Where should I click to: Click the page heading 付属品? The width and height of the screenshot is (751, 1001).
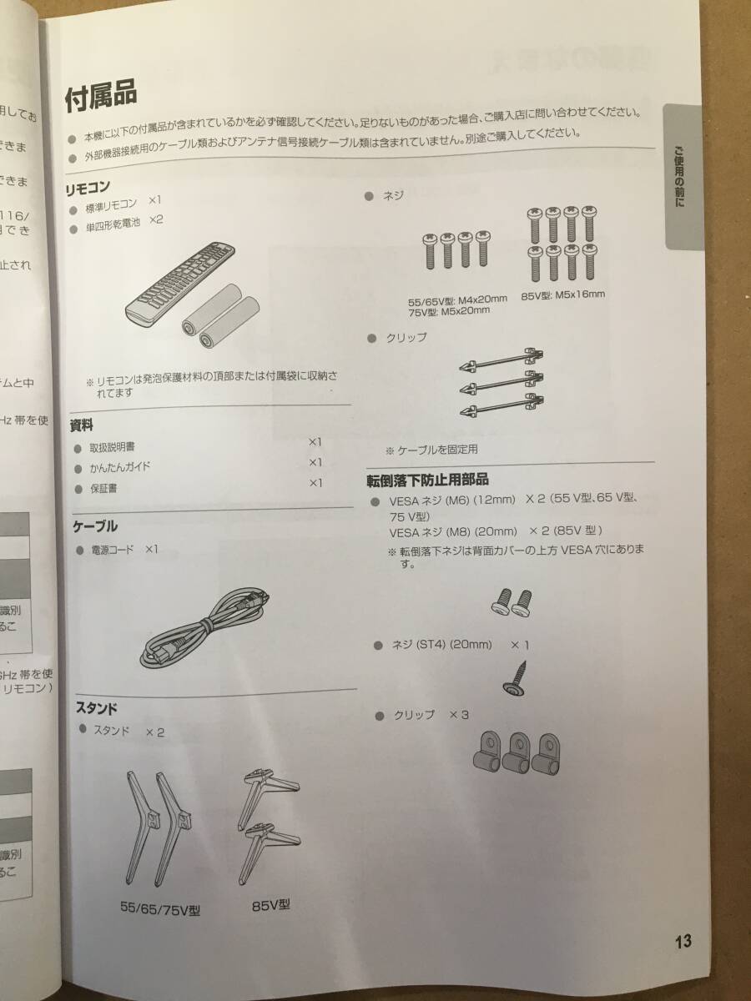pyautogui.click(x=100, y=97)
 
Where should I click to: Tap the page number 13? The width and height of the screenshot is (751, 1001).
pyautogui.click(x=683, y=942)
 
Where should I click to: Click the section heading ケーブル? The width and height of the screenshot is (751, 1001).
pyautogui.click(x=95, y=526)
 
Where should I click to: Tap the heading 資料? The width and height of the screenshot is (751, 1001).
pyautogui.click(x=81, y=425)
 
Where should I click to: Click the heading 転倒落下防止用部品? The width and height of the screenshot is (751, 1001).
pyautogui.click(x=427, y=480)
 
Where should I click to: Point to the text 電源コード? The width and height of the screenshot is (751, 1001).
pyautogui.click(x=112, y=551)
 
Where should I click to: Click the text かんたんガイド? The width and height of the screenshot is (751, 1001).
pyautogui.click(x=120, y=468)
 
